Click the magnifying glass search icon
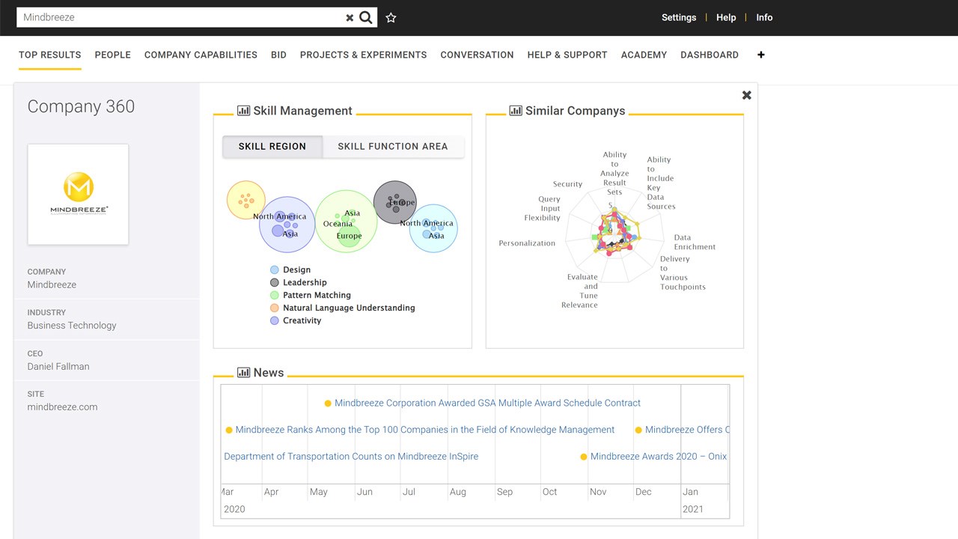coord(366,17)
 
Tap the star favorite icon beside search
coord(391,18)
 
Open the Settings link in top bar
coord(678,17)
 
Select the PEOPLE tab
coord(112,55)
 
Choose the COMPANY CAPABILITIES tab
coord(201,55)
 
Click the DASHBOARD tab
coord(709,55)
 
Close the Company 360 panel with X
coord(746,95)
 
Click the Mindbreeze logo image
coord(79,194)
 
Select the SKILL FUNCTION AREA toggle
coord(392,147)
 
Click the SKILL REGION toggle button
coord(272,147)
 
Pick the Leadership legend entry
coord(304,282)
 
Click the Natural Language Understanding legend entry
coord(348,308)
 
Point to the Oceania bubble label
coord(338,224)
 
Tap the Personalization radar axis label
coord(527,243)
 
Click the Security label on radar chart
coord(567,184)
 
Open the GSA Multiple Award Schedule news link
coord(487,403)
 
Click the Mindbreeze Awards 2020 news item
coord(658,456)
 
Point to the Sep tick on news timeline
coord(504,492)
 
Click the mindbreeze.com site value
coord(62,407)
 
